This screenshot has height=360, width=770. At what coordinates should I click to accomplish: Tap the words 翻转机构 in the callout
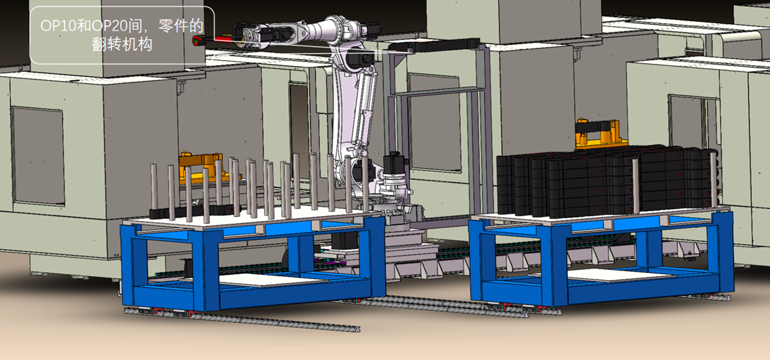[x=122, y=44]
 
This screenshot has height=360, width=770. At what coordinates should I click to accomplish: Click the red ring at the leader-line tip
[x=196, y=41]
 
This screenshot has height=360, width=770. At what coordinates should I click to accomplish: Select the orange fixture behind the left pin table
[x=203, y=167]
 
